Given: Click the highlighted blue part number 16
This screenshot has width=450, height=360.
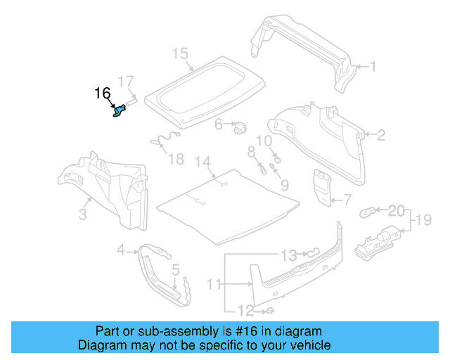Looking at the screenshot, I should tap(120, 110).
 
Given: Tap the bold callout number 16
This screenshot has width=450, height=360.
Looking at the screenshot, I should tap(102, 93).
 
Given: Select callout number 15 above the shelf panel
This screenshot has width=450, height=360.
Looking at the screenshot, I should tap(180, 53).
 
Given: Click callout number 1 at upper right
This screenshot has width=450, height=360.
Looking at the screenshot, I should tap(373, 67).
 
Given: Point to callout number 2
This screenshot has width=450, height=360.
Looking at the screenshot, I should tap(381, 135).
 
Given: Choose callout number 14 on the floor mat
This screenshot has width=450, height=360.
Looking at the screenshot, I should tap(202, 162).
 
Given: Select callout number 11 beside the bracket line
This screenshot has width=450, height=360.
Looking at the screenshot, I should tap(214, 284).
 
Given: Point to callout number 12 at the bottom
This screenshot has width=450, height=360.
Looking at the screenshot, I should tap(245, 310).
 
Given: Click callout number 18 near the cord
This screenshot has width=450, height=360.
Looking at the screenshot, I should tap(176, 159).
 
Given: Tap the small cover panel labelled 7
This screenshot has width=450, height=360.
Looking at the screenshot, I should tap(323, 186).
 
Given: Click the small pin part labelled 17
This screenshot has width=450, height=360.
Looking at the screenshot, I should tap(131, 101).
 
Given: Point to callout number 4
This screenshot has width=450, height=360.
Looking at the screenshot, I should tap(121, 249).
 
